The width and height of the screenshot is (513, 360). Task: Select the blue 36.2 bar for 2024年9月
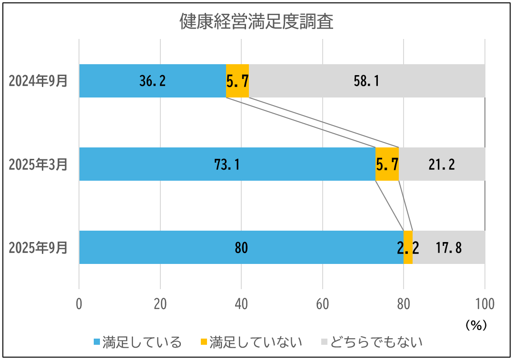pos(152,81)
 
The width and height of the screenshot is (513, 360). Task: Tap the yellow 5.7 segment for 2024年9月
pos(237,81)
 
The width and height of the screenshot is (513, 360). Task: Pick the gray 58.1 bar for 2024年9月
pos(366,81)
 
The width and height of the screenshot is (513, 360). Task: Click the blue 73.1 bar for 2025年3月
pos(227,164)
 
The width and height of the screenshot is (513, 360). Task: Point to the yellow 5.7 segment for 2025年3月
pos(387,164)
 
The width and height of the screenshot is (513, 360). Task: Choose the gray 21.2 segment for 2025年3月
pos(442,164)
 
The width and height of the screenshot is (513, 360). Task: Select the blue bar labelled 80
pos(241,247)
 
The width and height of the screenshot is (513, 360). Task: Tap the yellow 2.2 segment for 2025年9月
pos(408,247)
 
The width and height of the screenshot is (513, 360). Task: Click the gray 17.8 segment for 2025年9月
pos(448,247)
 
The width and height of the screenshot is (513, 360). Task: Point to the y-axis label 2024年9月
pos(39,81)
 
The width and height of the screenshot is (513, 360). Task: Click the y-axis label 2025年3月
pos(39,165)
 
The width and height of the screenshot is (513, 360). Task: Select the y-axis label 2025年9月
pos(39,248)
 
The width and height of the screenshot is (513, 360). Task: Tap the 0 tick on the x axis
pos(79,304)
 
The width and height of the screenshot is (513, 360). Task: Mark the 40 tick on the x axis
pos(241,304)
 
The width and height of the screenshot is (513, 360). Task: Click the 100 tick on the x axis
pos(484,304)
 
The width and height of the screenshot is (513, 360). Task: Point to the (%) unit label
pos(475,325)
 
